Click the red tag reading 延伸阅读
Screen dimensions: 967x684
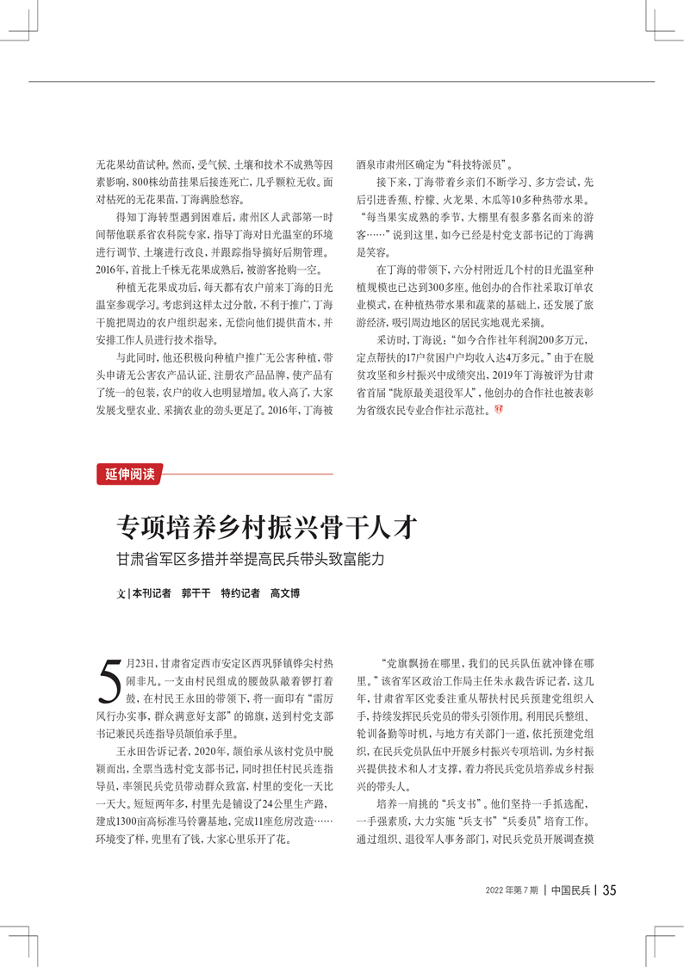click(130, 474)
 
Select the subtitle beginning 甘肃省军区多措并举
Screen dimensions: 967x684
click(250, 558)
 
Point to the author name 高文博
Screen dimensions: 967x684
click(289, 594)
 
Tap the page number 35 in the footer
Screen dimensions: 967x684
click(609, 890)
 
